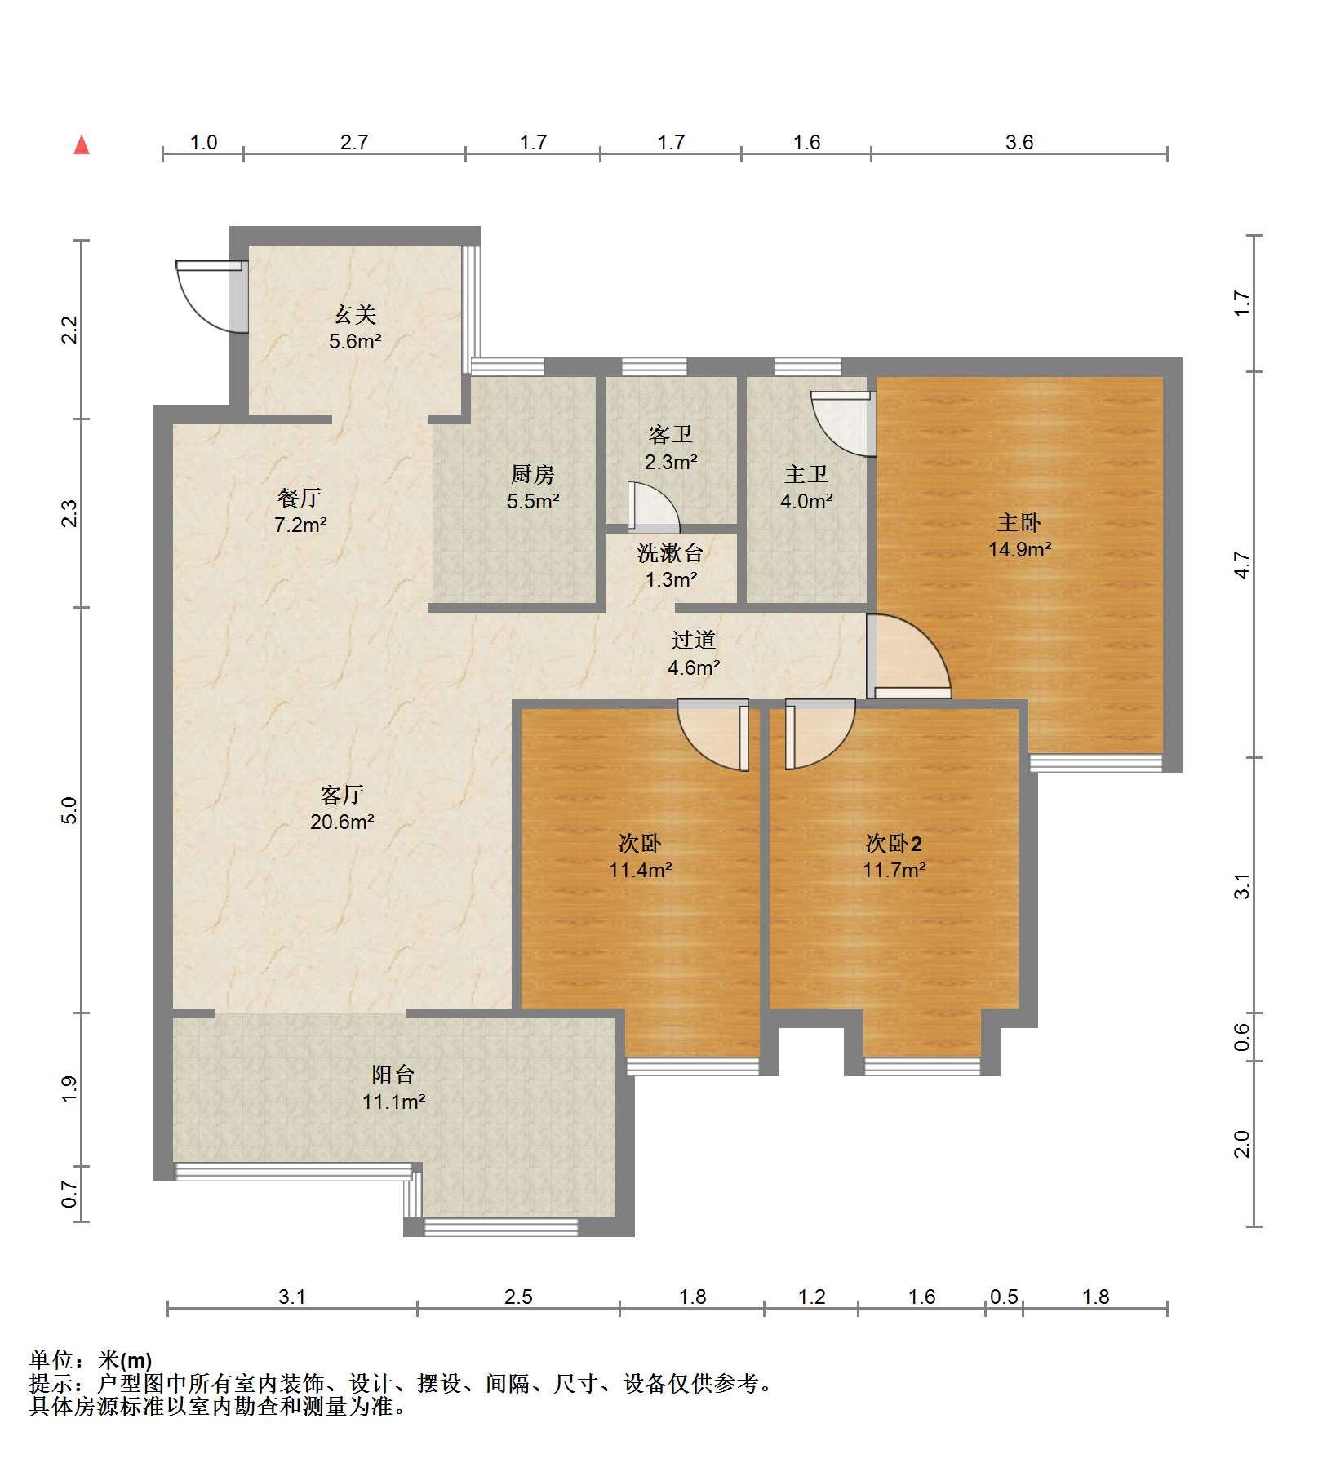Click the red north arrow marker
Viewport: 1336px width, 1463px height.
pyautogui.click(x=82, y=145)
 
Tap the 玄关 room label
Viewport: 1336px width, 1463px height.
pyautogui.click(x=354, y=314)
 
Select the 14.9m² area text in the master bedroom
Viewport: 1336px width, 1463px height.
pyautogui.click(x=1019, y=549)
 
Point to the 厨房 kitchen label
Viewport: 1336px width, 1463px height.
pyautogui.click(x=533, y=474)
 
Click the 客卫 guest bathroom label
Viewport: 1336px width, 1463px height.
pyautogui.click(x=671, y=435)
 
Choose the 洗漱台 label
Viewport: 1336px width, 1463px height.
pyautogui.click(x=670, y=552)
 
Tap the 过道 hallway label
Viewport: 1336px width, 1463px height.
pyautogui.click(x=694, y=641)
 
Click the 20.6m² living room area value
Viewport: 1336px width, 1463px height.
pyautogui.click(x=342, y=822)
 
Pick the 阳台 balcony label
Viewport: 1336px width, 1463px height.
pyautogui.click(x=393, y=1075)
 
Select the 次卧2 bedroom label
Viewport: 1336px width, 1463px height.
pyautogui.click(x=894, y=843)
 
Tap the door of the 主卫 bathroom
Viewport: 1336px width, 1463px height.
pyautogui.click(x=844, y=423)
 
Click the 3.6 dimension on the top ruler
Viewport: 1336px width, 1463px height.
pyautogui.click(x=1019, y=143)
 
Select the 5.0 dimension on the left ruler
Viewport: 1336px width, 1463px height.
pyautogui.click(x=70, y=810)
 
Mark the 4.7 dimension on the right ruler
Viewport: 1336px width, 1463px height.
pyautogui.click(x=1241, y=565)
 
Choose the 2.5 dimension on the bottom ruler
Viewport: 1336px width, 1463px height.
pyautogui.click(x=518, y=1297)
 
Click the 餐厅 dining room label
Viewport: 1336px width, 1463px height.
pyautogui.click(x=300, y=497)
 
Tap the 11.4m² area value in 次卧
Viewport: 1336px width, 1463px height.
pyautogui.click(x=641, y=870)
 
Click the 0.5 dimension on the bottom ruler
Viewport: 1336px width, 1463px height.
pyautogui.click(x=1004, y=1297)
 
